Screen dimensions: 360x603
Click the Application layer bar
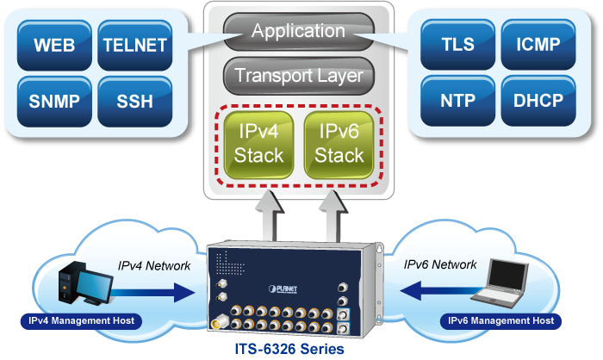pos(299,32)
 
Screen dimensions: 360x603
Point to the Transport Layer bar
pos(299,76)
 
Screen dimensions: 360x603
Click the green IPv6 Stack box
pos(339,144)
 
